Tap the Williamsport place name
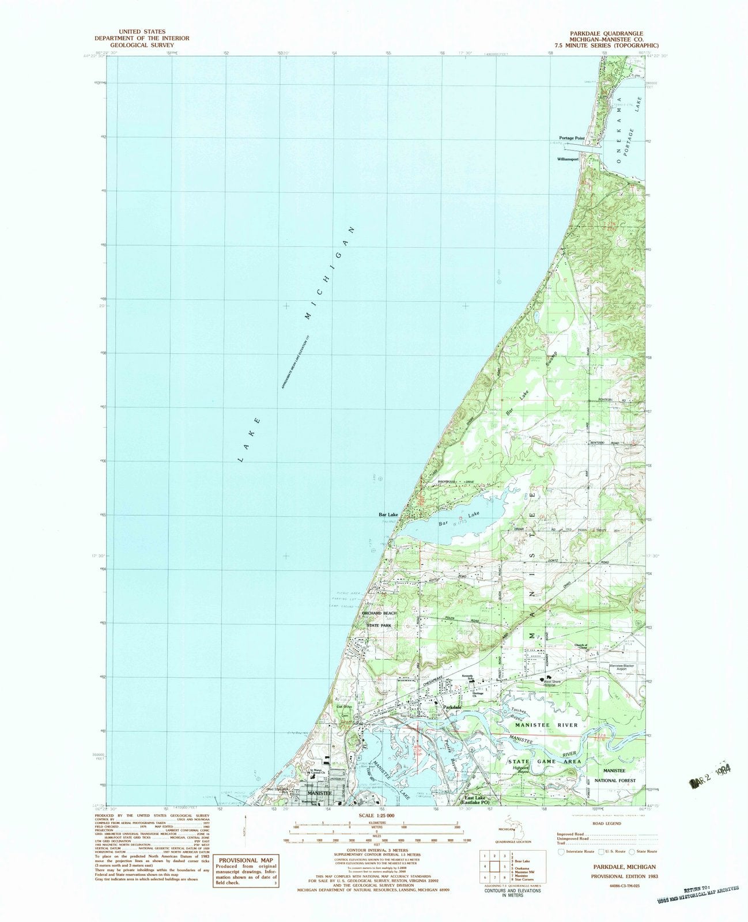click(568, 159)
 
